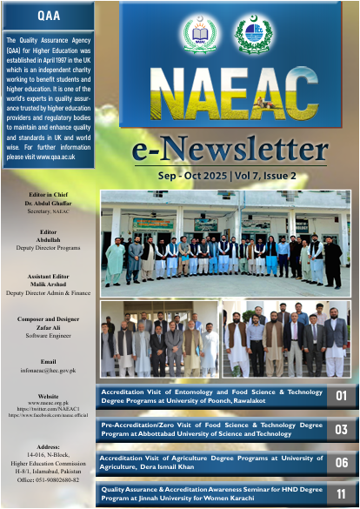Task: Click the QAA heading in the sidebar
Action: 49,17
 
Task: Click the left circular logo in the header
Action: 201,35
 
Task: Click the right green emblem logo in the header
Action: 254,35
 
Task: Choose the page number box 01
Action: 341,397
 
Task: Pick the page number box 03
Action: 341,429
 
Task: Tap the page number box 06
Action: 341,461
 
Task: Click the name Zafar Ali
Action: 49,325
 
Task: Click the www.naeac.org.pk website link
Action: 49,404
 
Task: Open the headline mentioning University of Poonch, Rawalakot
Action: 209,397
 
